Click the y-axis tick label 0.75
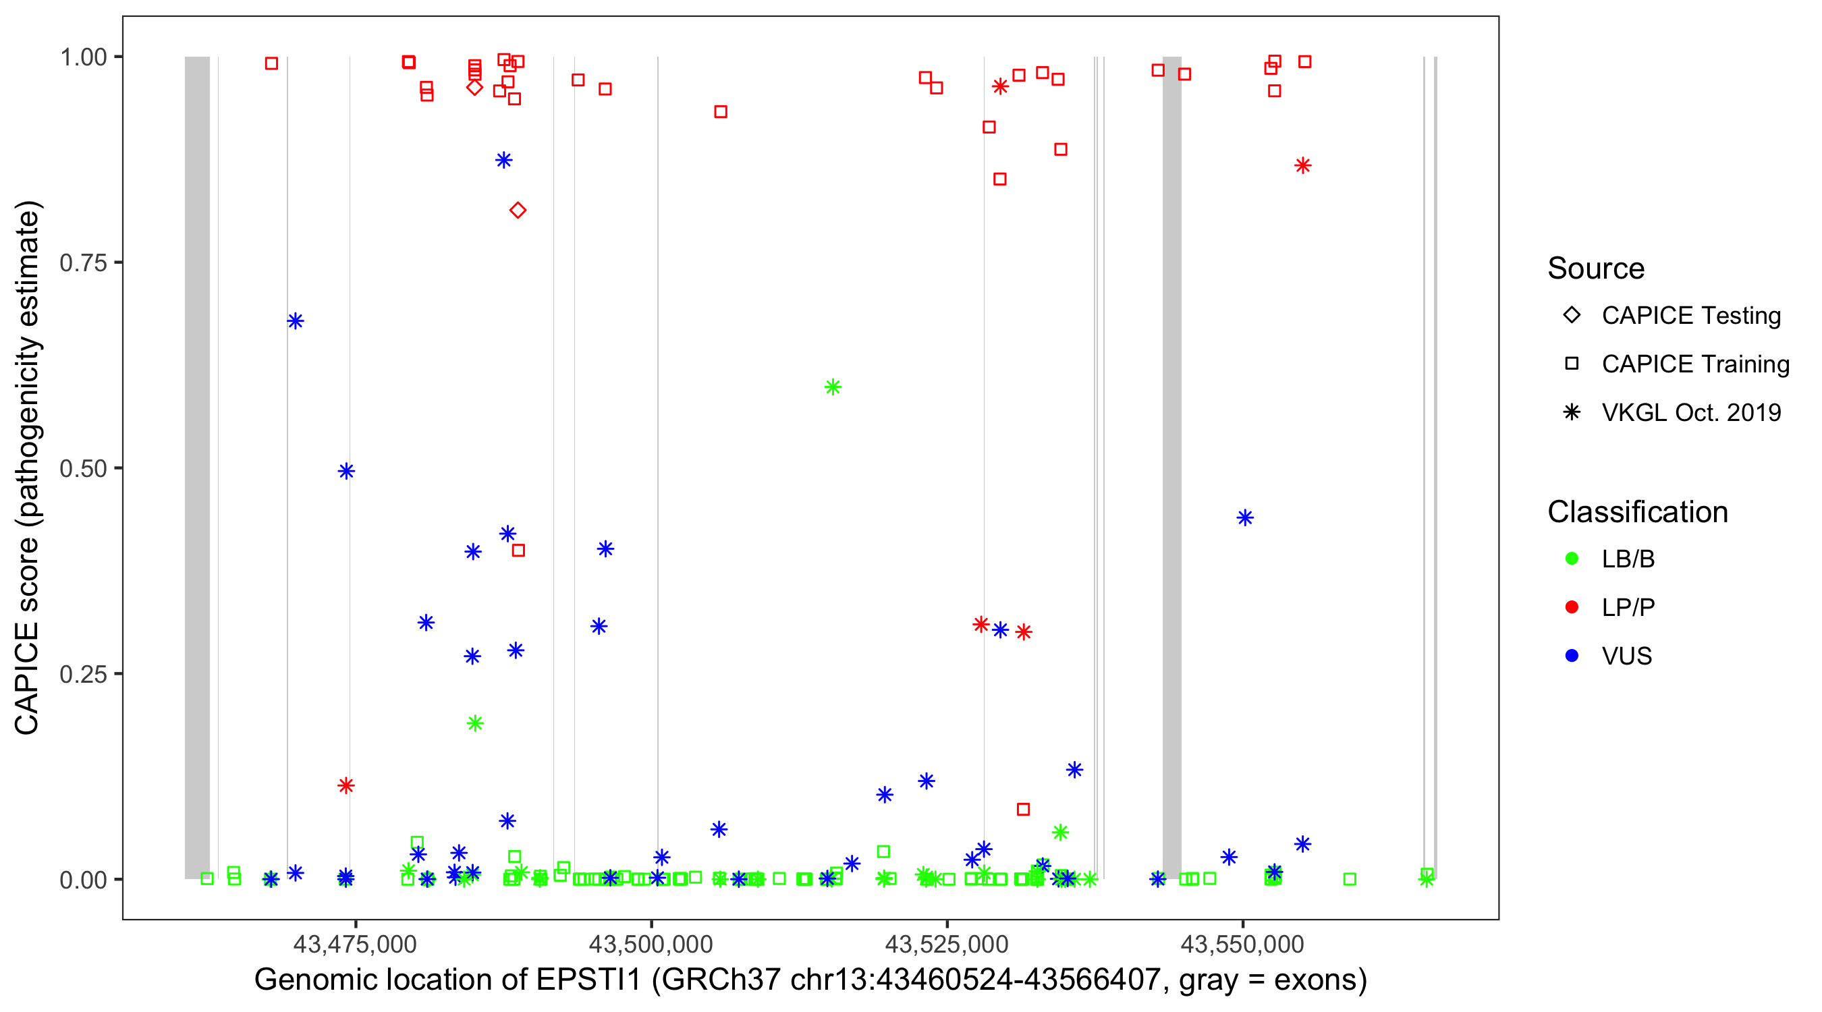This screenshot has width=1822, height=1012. (82, 263)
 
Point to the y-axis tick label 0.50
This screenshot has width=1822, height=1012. (82, 469)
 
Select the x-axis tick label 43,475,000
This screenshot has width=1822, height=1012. (354, 944)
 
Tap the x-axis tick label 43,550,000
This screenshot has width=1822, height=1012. (1242, 944)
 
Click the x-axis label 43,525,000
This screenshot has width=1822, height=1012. (946, 944)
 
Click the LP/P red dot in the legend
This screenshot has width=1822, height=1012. (1572, 607)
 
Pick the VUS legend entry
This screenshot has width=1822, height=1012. (1626, 656)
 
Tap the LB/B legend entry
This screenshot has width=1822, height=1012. (1628, 559)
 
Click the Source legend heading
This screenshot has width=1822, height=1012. (1595, 269)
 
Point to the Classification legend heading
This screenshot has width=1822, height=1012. (1636, 512)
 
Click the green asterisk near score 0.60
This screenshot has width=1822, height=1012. (833, 387)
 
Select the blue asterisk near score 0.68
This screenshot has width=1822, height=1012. (296, 321)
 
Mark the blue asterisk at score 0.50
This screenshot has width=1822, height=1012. (346, 471)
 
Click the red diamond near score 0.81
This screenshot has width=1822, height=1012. (518, 210)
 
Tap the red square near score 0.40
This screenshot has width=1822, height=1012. (518, 551)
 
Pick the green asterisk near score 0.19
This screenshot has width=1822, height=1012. (475, 723)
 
